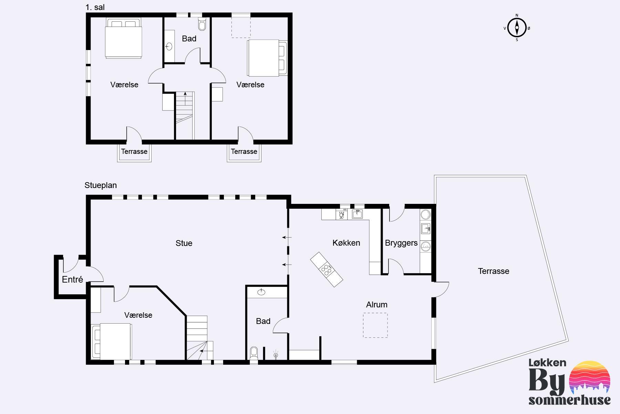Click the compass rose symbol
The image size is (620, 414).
[x=517, y=28]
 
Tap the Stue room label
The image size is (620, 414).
[x=184, y=243]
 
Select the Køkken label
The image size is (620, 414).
[x=346, y=243]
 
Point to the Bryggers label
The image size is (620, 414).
[x=401, y=243]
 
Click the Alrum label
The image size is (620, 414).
[x=377, y=305]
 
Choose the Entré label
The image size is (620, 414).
[x=72, y=279]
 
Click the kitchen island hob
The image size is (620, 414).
[x=327, y=269]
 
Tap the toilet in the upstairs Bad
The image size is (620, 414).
[x=202, y=23]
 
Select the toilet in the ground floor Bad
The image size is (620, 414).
[x=254, y=354]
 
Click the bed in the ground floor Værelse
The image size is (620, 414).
[x=111, y=341]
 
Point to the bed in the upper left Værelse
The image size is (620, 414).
[x=124, y=38]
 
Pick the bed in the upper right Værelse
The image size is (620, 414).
[x=267, y=58]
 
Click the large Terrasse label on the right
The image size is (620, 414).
[x=494, y=271]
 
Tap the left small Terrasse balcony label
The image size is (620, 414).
[x=134, y=151]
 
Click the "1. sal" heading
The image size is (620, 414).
[x=95, y=7]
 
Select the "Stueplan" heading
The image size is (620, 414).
[x=101, y=185]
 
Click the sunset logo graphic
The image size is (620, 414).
[x=590, y=378]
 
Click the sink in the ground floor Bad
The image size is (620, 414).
[x=261, y=292]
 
